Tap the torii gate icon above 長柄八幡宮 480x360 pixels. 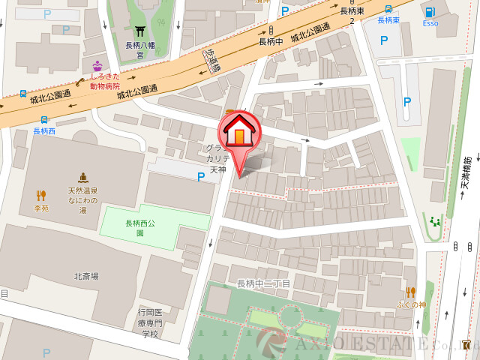(139, 31)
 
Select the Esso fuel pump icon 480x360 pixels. (430, 12)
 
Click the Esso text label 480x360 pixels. (430, 23)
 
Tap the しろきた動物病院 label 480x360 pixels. (106, 81)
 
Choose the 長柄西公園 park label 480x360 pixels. (139, 227)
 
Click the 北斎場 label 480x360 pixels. (86, 276)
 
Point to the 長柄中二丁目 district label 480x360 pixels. (263, 283)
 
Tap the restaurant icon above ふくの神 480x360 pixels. (410, 292)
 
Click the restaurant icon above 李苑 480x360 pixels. (40, 196)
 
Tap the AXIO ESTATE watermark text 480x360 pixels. (360, 344)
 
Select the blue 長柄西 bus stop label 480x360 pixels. (44, 131)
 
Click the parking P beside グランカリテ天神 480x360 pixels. (200, 176)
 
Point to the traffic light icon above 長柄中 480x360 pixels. (269, 30)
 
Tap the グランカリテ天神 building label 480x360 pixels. (217, 159)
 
